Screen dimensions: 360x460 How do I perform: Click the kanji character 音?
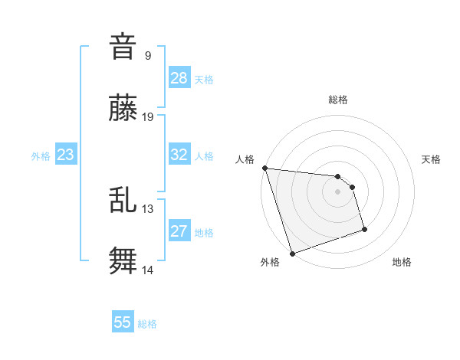[123, 47]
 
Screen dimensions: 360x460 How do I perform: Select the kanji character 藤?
[123, 110]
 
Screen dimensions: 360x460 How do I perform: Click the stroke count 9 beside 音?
[148, 55]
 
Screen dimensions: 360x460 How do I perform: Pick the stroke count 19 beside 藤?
[148, 117]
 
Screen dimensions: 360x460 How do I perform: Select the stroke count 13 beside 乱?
[148, 208]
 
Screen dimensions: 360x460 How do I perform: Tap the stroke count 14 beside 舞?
[148, 270]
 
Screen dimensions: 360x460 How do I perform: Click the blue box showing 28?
[179, 78]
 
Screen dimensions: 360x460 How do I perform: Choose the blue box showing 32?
[179, 155]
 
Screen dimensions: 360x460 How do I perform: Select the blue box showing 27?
[179, 231]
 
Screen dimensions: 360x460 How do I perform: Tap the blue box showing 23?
[66, 155]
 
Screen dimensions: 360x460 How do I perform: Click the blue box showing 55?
[123, 322]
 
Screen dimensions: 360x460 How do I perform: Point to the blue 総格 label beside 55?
[147, 324]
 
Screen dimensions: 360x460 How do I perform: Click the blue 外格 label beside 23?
[41, 156]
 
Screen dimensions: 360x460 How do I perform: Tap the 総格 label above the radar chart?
[338, 100]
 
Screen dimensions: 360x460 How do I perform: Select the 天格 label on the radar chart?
[432, 159]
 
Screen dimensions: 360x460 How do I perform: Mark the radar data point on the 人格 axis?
[264, 168]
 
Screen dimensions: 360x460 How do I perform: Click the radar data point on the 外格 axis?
[291, 253]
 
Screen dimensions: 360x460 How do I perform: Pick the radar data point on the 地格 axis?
[364, 229]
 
